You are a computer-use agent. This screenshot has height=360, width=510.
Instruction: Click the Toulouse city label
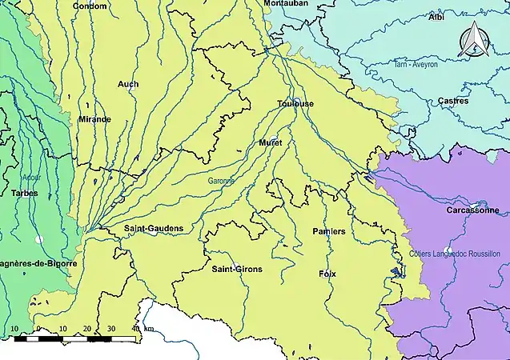pos(295,104)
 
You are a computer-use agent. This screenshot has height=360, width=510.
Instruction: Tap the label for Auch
pos(127,84)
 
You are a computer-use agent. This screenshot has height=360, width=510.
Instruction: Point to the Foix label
pos(327,274)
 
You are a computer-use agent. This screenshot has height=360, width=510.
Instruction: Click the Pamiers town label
pos(328,231)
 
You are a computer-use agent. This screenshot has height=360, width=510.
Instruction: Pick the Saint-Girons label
pos(236,269)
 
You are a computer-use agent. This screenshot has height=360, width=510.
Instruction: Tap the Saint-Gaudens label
pos(154,229)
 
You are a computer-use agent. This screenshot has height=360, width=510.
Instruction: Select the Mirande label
pos(94,119)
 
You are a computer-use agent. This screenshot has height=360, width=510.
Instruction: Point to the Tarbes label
pos(25,193)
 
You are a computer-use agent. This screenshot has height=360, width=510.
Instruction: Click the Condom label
pos(90,6)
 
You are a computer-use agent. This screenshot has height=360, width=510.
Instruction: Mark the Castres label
pos(453,101)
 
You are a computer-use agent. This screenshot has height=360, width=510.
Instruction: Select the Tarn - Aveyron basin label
pos(416,64)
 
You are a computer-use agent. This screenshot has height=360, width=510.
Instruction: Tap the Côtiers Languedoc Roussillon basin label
pos(464,254)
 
